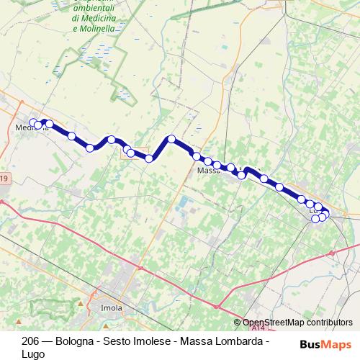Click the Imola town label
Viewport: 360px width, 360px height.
(112, 308)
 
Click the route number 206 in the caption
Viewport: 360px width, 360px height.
(31, 341)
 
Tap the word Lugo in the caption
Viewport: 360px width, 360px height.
(33, 354)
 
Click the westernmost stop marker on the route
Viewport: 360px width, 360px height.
(33, 122)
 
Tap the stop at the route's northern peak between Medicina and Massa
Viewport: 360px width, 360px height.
(171, 139)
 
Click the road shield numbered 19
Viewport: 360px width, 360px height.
(4, 179)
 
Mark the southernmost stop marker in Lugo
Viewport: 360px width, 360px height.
(315, 219)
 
